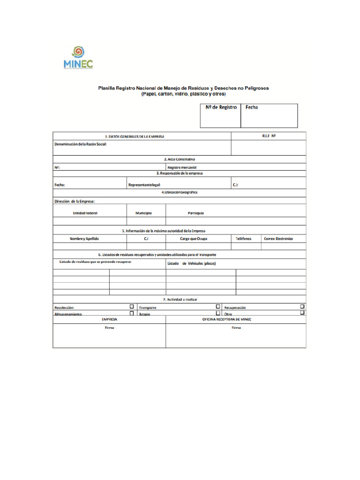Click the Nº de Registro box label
point(221,107)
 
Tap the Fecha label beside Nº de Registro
point(251,107)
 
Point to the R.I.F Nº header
point(269,136)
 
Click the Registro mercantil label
point(182,167)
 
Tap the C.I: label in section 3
point(235,185)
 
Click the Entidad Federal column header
point(85,213)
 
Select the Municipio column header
point(143,213)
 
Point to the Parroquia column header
point(195,213)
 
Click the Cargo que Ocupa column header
point(193,239)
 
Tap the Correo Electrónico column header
point(278,239)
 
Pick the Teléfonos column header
point(243,239)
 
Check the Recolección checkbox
point(132,307)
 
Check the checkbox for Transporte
point(218,307)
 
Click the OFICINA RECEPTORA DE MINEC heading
point(227,319)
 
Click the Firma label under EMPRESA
point(109,328)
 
